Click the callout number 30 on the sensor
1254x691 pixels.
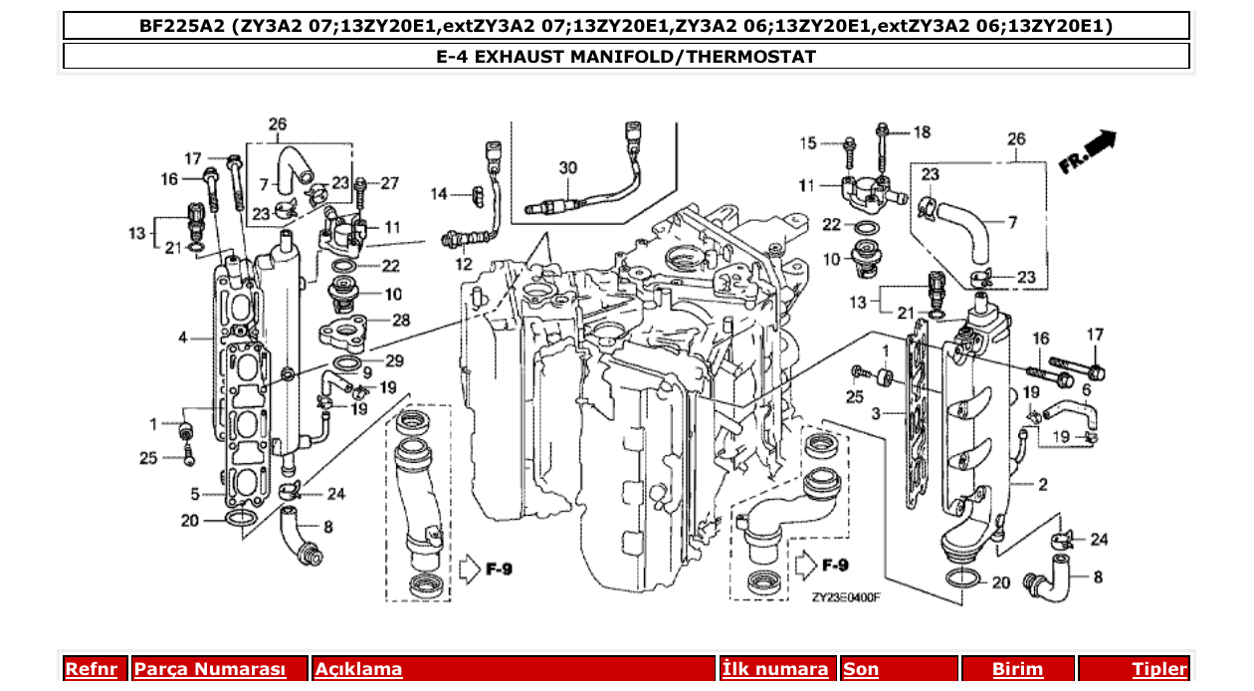567,169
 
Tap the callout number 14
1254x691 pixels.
440,193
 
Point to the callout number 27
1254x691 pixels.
389,183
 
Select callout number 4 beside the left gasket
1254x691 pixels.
183,339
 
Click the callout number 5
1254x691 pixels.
196,493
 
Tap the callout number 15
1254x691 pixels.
808,144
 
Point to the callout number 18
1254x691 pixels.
923,132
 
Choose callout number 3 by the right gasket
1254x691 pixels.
875,412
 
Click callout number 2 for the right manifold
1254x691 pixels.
1042,485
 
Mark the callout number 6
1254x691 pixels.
1086,390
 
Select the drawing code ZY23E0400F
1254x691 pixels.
845,597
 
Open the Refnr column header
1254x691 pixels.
91,669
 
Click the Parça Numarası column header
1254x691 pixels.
210,669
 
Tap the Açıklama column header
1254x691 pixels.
358,669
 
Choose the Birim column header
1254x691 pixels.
1017,669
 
